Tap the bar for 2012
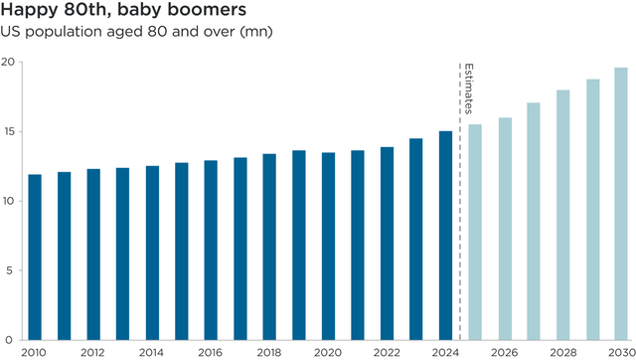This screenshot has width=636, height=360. (93, 254)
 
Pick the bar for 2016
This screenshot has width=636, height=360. (211, 250)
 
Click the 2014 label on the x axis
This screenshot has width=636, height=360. (152, 352)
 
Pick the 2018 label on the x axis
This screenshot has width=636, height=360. (269, 352)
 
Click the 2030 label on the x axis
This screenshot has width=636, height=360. (621, 352)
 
